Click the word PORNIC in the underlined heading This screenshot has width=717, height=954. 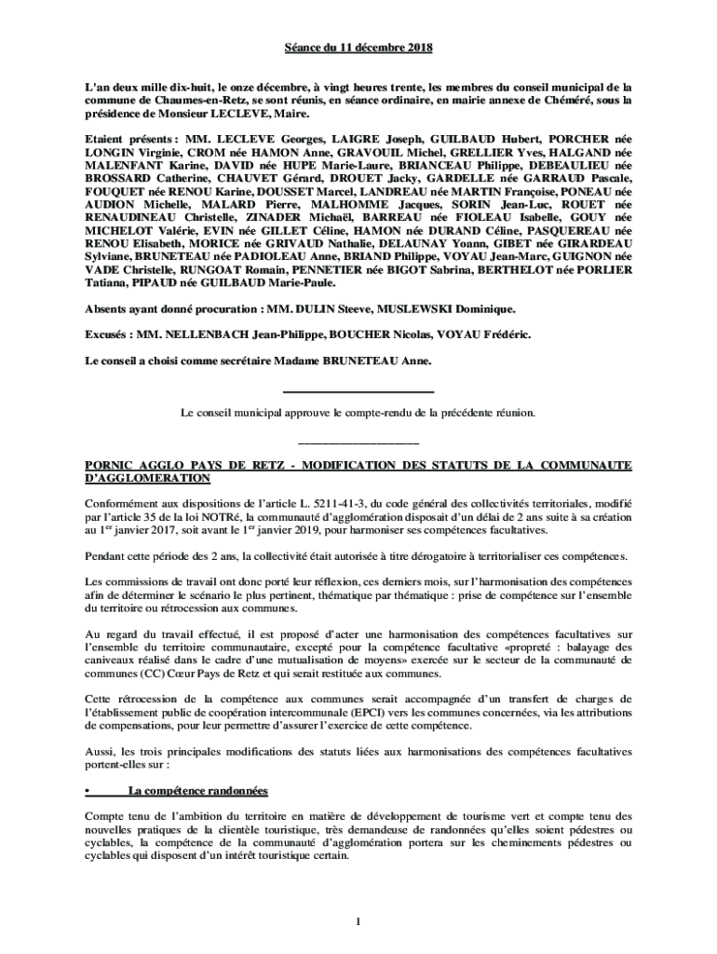(109, 465)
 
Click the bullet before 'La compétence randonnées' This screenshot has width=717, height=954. (87, 791)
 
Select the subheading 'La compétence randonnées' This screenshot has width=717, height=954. (197, 791)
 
